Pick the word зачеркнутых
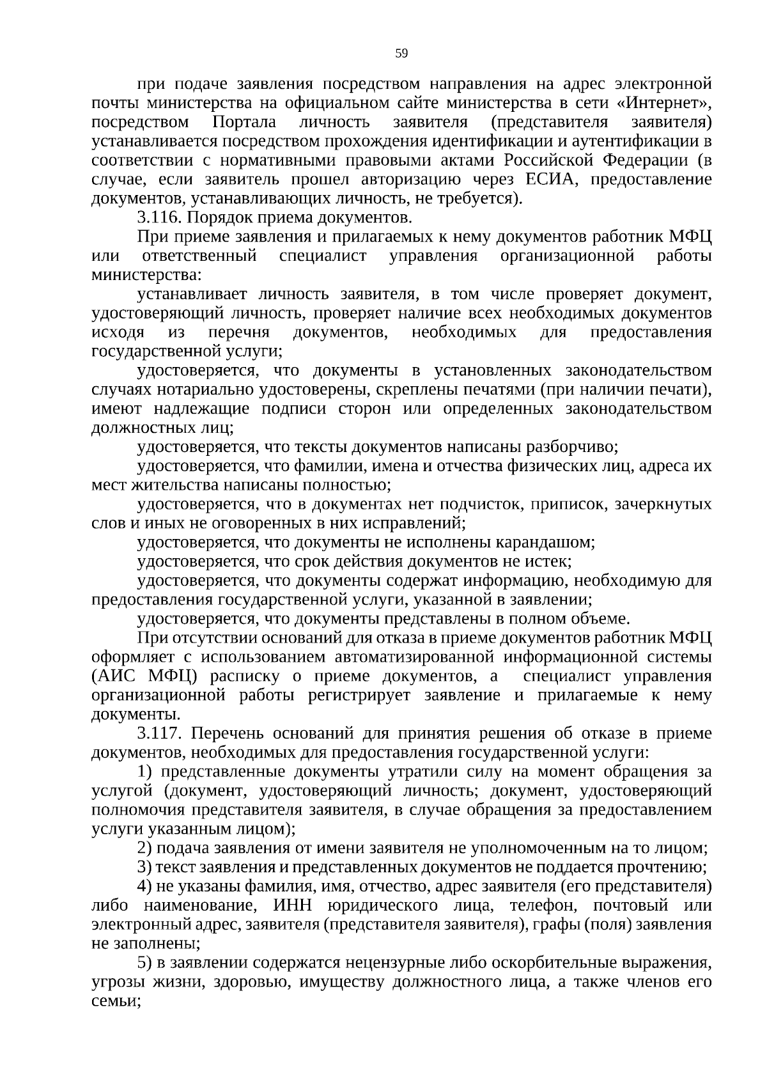[663, 504]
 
